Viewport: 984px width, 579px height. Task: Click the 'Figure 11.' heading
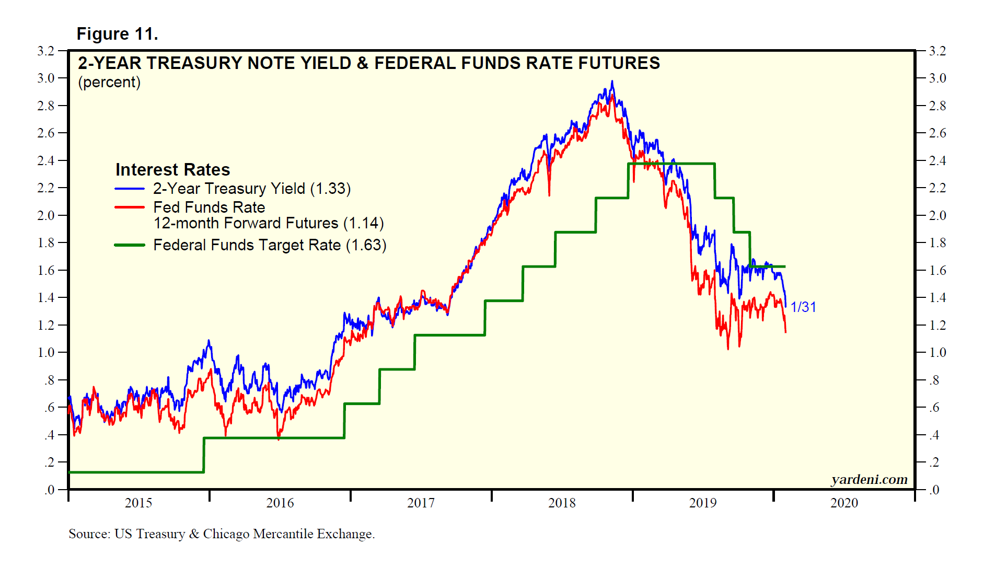(117, 34)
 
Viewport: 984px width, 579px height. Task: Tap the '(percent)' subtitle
(109, 83)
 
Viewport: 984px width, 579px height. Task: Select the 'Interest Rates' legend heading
(172, 170)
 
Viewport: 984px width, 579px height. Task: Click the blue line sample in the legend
(130, 189)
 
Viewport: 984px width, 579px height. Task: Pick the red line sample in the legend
(130, 207)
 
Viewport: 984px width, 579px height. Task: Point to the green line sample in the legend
(130, 245)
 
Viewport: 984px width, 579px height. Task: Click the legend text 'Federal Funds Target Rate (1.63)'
(270, 245)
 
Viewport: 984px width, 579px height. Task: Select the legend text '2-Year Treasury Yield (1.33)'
(252, 189)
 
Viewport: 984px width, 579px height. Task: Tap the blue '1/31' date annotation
(803, 307)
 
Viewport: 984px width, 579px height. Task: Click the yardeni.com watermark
(869, 480)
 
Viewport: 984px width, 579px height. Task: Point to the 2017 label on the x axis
(421, 503)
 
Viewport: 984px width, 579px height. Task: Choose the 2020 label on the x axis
(844, 503)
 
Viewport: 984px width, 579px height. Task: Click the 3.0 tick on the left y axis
(46, 78)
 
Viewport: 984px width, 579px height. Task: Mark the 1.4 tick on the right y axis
(937, 298)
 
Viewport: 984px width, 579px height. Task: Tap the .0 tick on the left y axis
(49, 490)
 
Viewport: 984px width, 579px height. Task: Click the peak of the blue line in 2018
(612, 82)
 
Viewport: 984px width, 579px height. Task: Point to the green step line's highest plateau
(672, 164)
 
